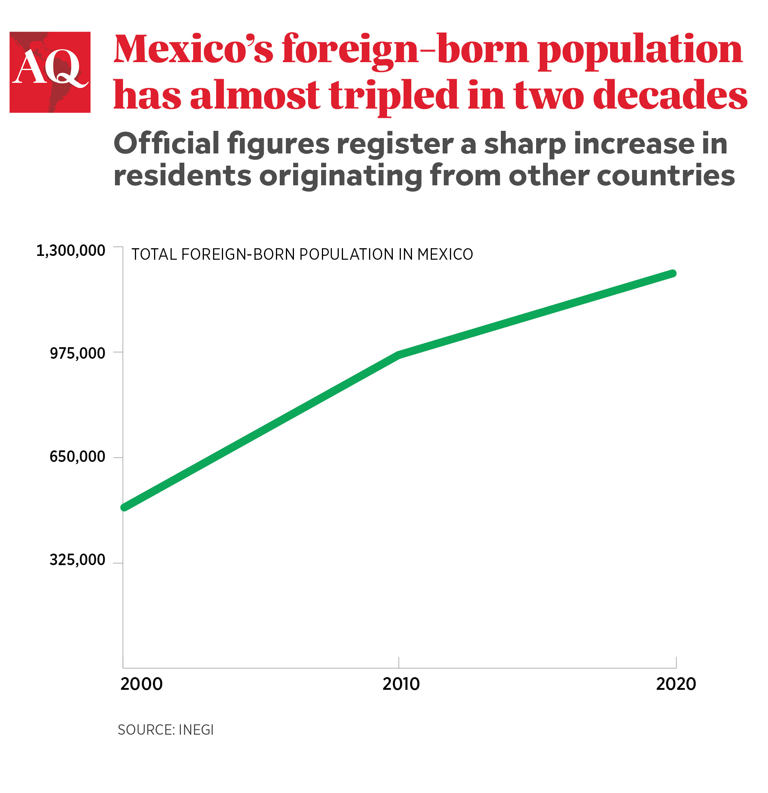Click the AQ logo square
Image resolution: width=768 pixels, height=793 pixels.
click(x=50, y=72)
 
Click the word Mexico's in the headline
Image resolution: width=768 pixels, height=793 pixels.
click(x=193, y=49)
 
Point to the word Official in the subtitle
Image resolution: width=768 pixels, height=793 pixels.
click(x=167, y=143)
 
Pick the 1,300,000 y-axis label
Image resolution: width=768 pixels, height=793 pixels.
click(x=71, y=251)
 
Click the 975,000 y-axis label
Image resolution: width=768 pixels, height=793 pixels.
click(x=77, y=353)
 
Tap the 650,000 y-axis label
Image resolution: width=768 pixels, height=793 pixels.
click(x=77, y=457)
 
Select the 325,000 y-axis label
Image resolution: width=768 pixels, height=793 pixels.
click(x=77, y=560)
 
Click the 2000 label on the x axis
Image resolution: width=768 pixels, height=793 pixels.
click(x=141, y=684)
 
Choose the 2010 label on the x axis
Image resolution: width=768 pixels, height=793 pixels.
click(x=401, y=684)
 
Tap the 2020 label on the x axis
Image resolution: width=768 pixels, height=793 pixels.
click(x=676, y=684)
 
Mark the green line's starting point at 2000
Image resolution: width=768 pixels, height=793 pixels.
click(x=125, y=507)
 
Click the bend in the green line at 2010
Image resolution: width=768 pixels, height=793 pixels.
click(x=399, y=355)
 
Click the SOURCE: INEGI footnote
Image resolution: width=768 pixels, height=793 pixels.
click(x=165, y=730)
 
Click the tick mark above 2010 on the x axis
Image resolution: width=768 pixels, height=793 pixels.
click(x=399, y=662)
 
